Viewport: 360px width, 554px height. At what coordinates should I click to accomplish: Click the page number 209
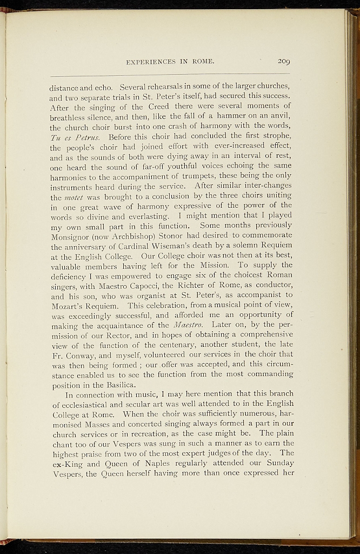click(x=283, y=61)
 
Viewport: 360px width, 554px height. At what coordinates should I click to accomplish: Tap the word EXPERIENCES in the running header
click(x=154, y=61)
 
